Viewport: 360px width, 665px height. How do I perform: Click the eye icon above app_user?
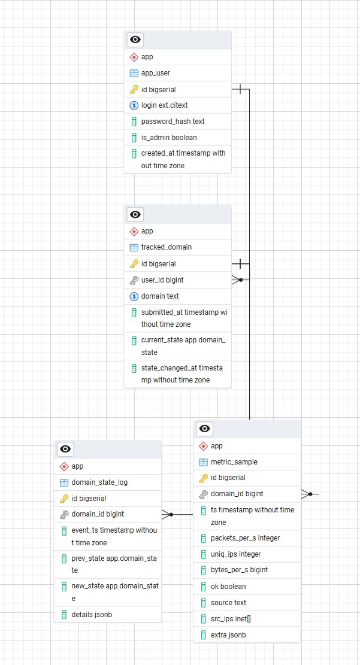click(x=136, y=40)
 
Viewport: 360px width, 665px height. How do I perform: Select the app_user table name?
click(x=155, y=73)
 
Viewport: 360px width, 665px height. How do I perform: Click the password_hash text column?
click(x=173, y=121)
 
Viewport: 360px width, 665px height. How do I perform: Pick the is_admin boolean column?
click(x=168, y=137)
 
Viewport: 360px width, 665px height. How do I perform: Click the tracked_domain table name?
click(x=166, y=247)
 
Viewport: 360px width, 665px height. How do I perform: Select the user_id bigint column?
click(x=162, y=280)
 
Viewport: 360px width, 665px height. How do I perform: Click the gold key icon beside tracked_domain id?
click(x=134, y=264)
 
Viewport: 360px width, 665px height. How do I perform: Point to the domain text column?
click(x=159, y=296)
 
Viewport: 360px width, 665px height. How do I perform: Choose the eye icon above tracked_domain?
click(x=136, y=214)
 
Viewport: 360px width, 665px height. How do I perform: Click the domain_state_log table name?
click(x=99, y=482)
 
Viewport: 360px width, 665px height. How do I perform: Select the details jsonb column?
click(x=92, y=614)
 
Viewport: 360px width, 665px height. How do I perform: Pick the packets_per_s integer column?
click(x=245, y=538)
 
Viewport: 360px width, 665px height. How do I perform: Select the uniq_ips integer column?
click(x=235, y=554)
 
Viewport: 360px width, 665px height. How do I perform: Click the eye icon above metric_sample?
click(x=205, y=429)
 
